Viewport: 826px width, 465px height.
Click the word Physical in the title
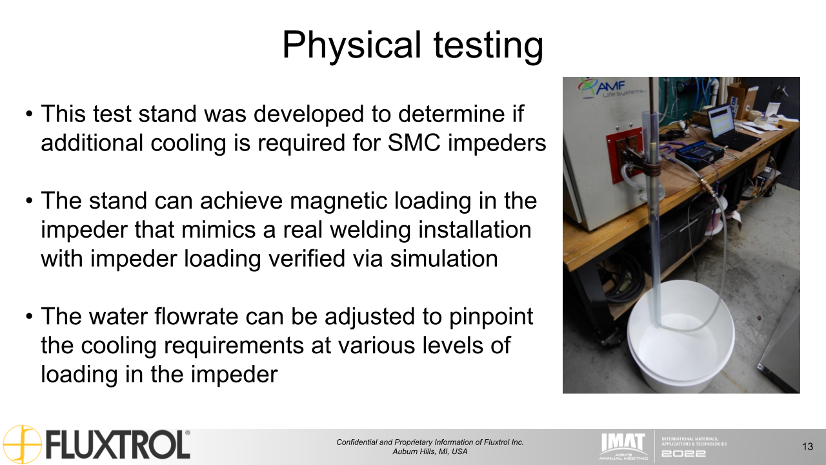click(x=352, y=46)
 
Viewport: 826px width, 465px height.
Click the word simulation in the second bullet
click(x=444, y=258)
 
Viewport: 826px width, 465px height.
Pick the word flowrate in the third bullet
click(x=196, y=316)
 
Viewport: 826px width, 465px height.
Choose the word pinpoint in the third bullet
click(x=491, y=317)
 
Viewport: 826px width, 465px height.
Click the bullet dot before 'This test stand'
click(x=30, y=114)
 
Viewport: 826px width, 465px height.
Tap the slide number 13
click(x=807, y=447)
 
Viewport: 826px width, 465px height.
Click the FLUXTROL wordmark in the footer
click(x=118, y=446)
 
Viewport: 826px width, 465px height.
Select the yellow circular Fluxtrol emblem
click(x=22, y=444)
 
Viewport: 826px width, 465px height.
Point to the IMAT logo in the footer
click(x=623, y=446)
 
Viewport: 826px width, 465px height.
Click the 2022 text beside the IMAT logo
click(x=683, y=453)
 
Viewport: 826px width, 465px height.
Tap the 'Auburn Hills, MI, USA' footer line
click(x=430, y=451)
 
